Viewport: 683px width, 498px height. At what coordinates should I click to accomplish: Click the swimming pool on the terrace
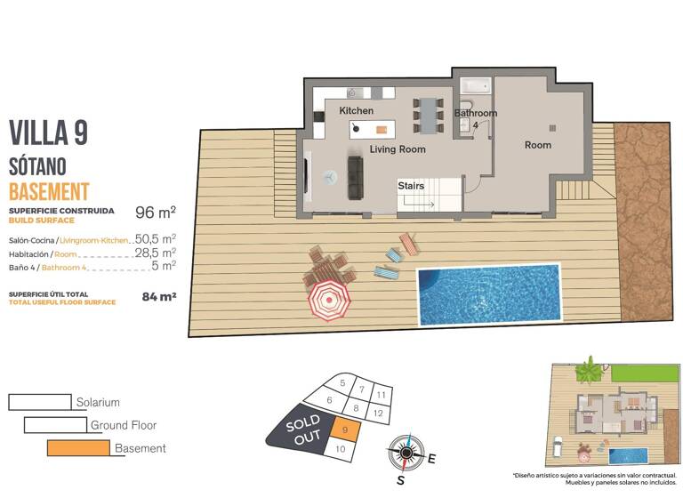pos(489,293)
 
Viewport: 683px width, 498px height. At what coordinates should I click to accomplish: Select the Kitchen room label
pos(357,110)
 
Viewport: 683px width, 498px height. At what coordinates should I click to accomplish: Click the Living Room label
pos(398,149)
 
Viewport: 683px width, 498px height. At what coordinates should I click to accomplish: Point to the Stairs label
pos(410,186)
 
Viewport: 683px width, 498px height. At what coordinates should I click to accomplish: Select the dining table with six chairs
pos(429,115)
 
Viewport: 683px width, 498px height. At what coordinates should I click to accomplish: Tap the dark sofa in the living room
pos(355,177)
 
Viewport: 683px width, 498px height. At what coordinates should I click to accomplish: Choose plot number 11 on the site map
pos(380,394)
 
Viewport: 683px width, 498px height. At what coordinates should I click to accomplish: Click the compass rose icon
pos(406,454)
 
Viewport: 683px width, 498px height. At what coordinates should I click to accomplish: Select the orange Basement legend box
pos(79,448)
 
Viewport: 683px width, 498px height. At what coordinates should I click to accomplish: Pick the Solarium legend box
pos(39,402)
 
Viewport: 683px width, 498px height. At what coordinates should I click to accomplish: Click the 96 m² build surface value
pos(155,213)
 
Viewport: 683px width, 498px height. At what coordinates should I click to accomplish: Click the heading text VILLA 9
pos(48,133)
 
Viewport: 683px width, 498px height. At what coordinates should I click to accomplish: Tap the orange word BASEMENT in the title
pos(49,190)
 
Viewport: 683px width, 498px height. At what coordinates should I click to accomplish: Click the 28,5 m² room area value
pos(155,253)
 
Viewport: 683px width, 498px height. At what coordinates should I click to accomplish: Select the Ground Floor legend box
pos(55,425)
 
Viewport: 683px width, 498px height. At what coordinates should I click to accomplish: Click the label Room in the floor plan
pos(537,145)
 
